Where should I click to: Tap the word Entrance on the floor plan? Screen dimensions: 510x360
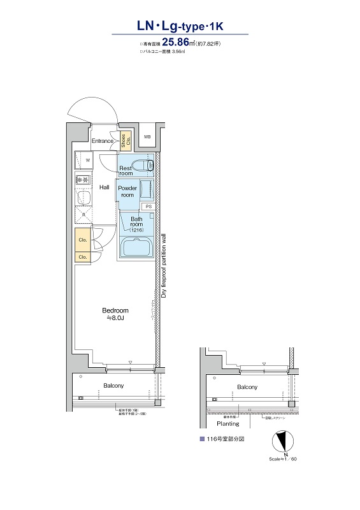[x=103, y=141]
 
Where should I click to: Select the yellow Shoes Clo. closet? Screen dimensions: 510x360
[x=126, y=142]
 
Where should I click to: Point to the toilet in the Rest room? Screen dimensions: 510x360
[x=147, y=166]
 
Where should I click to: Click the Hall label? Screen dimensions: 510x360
[x=104, y=187]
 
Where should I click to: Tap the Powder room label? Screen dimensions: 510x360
[x=128, y=192]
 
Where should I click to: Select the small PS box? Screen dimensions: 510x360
[x=148, y=207]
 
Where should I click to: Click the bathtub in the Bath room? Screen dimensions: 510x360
[x=135, y=247]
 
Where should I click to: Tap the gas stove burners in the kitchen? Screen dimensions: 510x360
[x=82, y=180]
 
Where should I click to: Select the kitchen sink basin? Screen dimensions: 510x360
[x=82, y=200]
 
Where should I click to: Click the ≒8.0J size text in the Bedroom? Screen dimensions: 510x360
[x=115, y=317]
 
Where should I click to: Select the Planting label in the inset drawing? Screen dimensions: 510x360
[x=227, y=423]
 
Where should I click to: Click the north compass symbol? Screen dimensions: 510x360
[x=280, y=442]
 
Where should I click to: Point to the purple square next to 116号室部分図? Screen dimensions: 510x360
[x=202, y=440]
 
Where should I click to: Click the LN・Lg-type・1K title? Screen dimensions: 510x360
[x=181, y=26]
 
